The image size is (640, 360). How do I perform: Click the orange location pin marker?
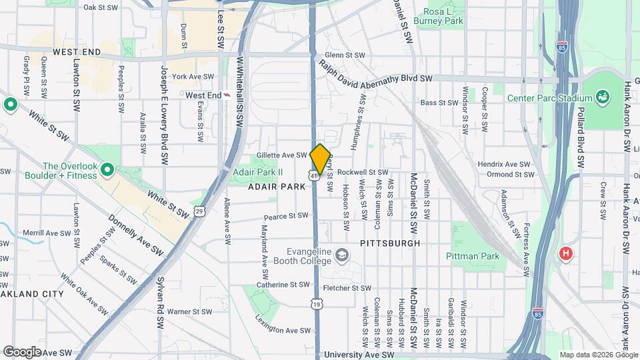[x=320, y=159]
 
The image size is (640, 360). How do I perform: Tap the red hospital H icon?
[x=566, y=254]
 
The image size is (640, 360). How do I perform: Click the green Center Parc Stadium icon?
[x=603, y=97]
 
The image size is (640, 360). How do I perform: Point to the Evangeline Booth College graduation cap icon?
[x=341, y=254]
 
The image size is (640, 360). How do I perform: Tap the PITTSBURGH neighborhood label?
[x=390, y=243]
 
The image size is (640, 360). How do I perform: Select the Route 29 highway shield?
[x=199, y=211]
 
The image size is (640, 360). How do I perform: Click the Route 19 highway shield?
[x=316, y=304]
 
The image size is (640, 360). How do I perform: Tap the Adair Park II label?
[x=258, y=171]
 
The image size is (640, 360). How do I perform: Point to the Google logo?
[x=22, y=351]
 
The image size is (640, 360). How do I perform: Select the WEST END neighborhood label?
[x=77, y=51]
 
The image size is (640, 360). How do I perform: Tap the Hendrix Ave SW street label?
[x=503, y=164]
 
